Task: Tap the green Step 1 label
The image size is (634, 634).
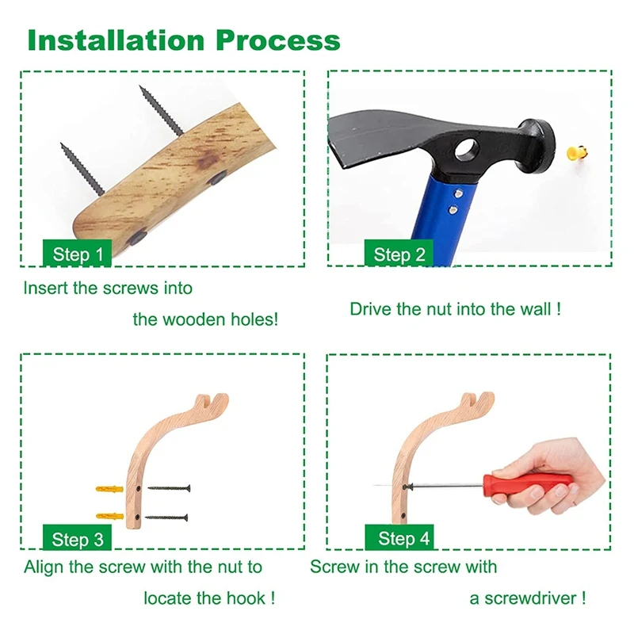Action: (77, 254)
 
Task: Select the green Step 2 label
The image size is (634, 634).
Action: (399, 254)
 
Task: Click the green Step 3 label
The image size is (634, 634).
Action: (77, 540)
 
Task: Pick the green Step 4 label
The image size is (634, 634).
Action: (403, 539)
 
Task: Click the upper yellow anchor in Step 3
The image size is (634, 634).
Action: (110, 488)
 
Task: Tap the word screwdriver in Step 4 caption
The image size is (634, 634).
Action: (534, 598)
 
